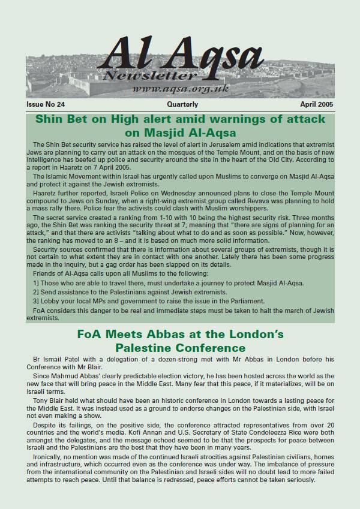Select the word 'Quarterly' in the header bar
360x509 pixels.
[178, 104]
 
